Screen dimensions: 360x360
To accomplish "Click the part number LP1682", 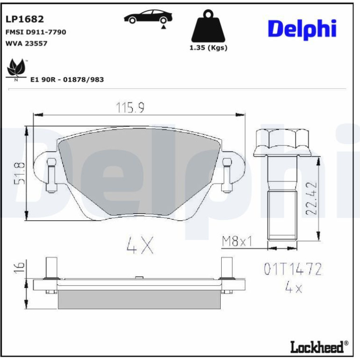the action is tap(25, 19).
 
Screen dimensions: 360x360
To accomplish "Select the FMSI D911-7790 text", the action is tap(36, 32).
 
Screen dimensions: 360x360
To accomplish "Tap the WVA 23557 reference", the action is tap(26, 43).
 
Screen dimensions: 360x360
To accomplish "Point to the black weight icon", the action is tap(208, 26).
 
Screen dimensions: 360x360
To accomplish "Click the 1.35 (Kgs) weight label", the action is tap(208, 48).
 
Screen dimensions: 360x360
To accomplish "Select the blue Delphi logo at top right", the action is tap(302, 29).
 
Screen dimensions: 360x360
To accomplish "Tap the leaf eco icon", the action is tap(16, 68).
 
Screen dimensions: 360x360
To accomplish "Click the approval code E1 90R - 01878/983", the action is tap(67, 79).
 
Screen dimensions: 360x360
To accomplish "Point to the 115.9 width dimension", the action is tap(130, 108).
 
